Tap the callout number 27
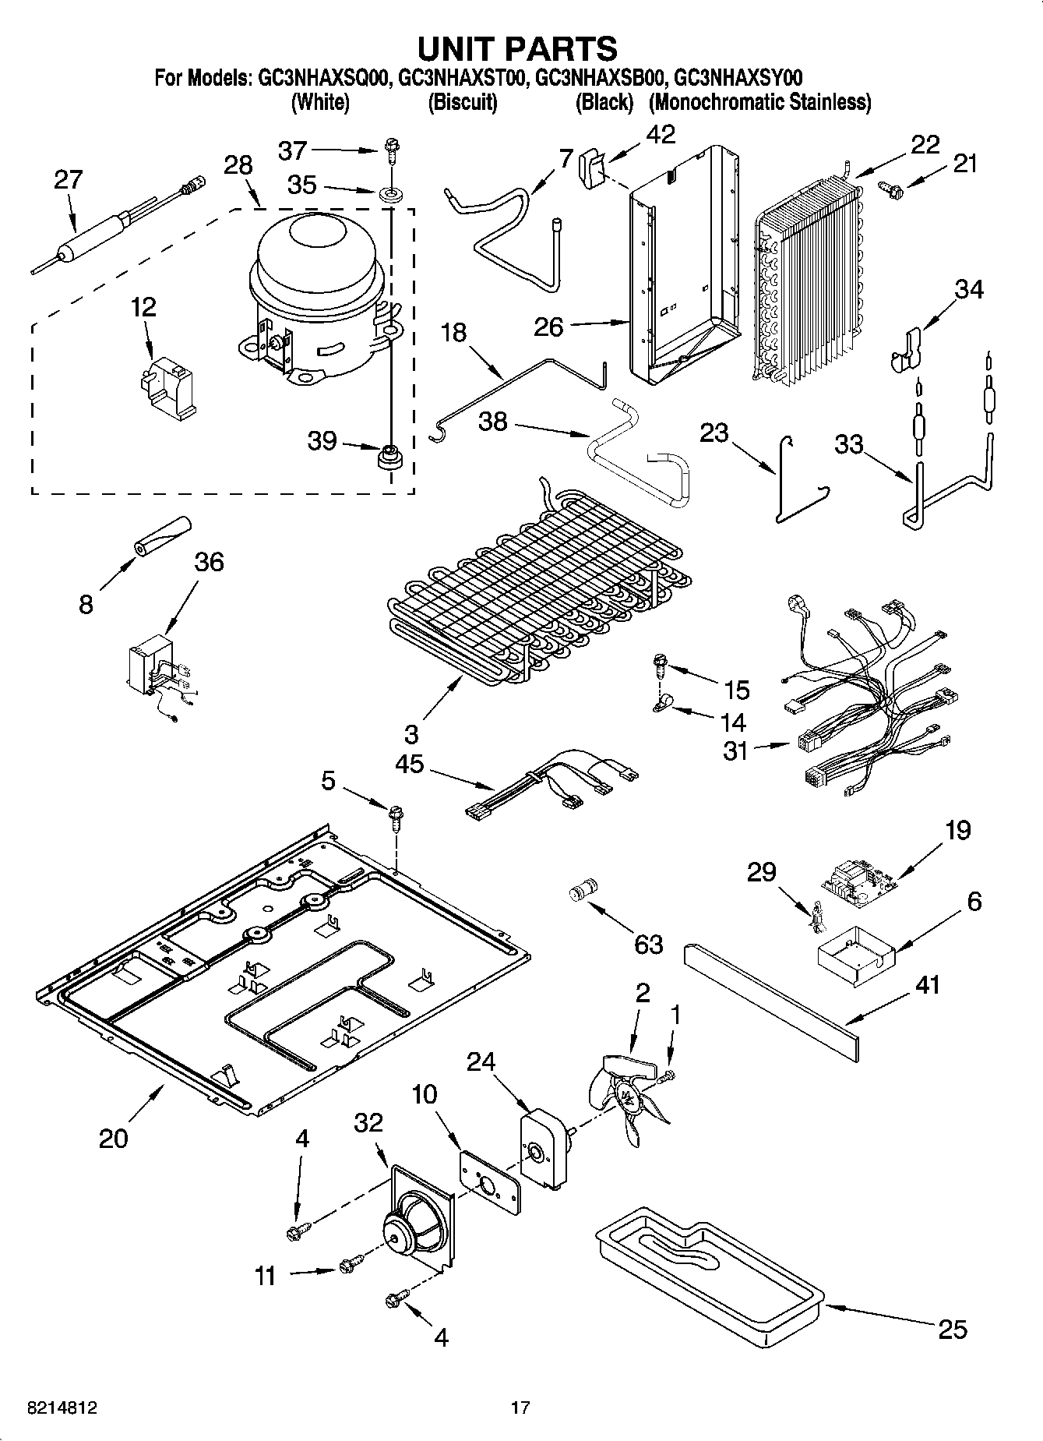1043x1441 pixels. tap(68, 180)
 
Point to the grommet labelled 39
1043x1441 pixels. tap(388, 457)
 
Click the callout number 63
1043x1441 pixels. tap(648, 944)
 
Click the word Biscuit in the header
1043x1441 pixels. tap(463, 102)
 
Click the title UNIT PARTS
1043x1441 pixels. tap(517, 48)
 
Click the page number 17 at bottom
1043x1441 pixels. tap(520, 1407)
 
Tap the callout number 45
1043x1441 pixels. tap(409, 764)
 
